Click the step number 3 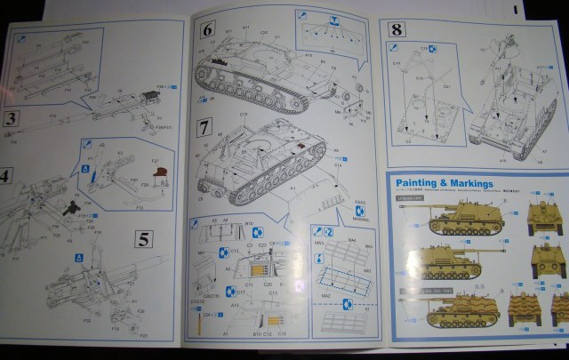(12, 118)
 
